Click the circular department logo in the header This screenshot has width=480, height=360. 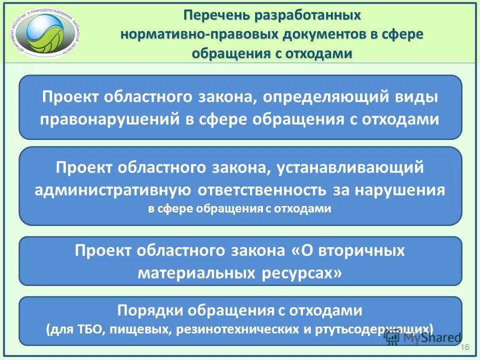pyautogui.click(x=48, y=31)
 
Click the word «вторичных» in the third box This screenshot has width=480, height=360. pyautogui.click(x=358, y=250)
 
